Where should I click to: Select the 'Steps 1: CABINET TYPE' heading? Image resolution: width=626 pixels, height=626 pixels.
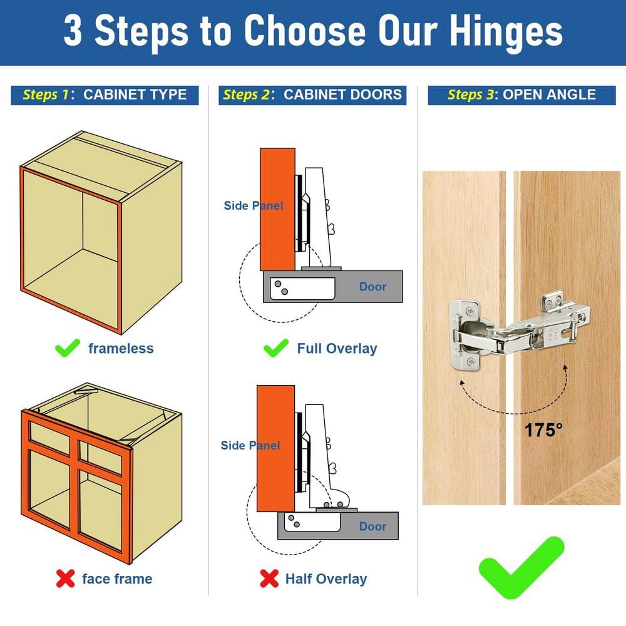[105, 95]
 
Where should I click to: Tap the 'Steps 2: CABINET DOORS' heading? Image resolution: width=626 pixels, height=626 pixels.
[312, 95]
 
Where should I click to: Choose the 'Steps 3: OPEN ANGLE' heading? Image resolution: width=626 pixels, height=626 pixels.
[521, 95]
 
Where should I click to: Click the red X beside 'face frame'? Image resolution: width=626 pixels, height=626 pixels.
[65, 579]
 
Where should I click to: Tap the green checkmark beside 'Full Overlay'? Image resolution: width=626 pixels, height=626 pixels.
[275, 347]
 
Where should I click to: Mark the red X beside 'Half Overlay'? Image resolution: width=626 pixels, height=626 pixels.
[269, 579]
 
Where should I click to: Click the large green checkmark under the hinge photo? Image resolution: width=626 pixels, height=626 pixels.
[521, 567]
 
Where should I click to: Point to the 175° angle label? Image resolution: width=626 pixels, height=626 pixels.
[543, 431]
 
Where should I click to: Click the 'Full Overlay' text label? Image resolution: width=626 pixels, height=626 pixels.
[337, 349]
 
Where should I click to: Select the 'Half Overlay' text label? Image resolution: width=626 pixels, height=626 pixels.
[326, 579]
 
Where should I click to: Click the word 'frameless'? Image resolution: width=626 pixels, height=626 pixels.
[121, 348]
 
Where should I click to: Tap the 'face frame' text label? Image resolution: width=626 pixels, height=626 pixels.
[117, 579]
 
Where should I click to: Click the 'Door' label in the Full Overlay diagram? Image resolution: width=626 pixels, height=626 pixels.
[372, 287]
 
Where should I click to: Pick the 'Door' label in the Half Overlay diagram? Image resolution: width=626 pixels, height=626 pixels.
[372, 526]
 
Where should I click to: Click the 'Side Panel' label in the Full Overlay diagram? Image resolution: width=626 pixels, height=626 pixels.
[254, 205]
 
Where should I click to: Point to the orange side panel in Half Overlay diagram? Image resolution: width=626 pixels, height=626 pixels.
[275, 476]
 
